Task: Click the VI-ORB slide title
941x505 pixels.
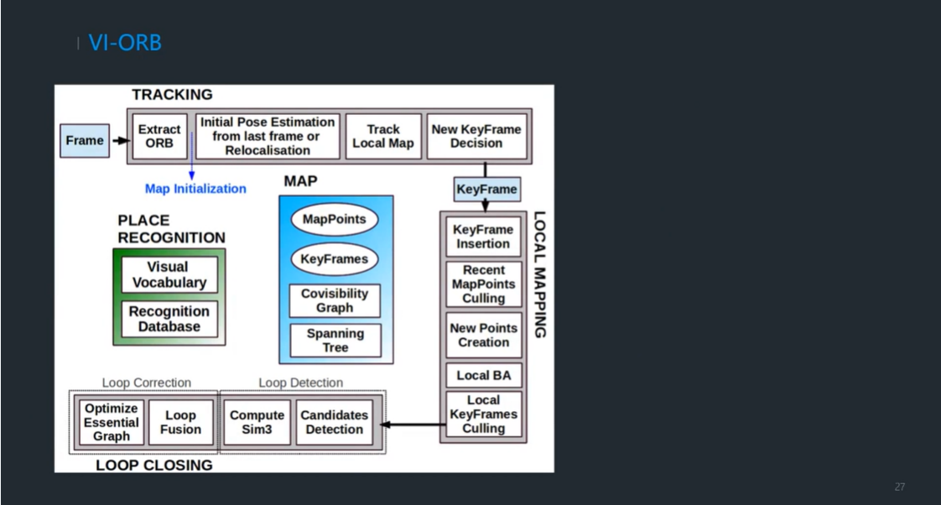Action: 125,43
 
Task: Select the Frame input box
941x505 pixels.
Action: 85,141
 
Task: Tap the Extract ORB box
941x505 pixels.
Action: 159,136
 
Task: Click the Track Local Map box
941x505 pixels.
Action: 383,136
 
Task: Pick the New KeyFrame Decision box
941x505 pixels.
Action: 476,136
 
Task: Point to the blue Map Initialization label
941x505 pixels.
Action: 195,189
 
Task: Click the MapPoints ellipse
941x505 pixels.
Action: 335,219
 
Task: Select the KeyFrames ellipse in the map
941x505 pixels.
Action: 335,259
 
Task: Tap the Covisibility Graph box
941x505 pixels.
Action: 335,300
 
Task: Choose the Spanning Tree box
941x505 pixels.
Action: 335,341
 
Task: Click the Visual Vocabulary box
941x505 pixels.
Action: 169,274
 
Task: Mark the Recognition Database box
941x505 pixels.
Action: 169,319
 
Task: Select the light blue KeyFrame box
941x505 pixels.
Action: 486,189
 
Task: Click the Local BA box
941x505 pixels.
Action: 484,375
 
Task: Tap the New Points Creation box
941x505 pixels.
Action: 484,335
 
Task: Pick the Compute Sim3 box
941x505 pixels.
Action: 257,422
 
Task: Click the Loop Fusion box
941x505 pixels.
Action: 180,422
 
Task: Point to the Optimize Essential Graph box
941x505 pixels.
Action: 111,422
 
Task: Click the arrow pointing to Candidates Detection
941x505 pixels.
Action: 413,424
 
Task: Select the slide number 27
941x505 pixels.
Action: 900,487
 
